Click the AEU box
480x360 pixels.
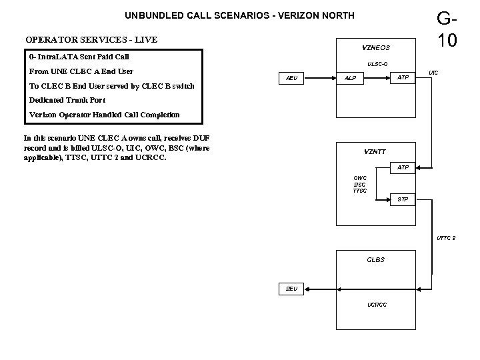pos(291,78)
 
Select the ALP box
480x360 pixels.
pos(350,78)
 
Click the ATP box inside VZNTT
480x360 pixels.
pos(403,167)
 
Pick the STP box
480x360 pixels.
pos(403,199)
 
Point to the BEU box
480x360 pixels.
pos(291,289)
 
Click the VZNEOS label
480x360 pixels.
pos(376,48)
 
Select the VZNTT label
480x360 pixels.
pos(375,151)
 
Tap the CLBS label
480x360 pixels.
pos(376,259)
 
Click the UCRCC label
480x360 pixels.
pos(377,305)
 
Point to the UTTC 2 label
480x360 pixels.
pos(446,238)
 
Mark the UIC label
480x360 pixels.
pos(433,71)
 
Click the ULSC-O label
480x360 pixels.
pos(377,64)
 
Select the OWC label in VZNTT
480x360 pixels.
pos(359,177)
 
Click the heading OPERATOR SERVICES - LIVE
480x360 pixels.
pos(91,40)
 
